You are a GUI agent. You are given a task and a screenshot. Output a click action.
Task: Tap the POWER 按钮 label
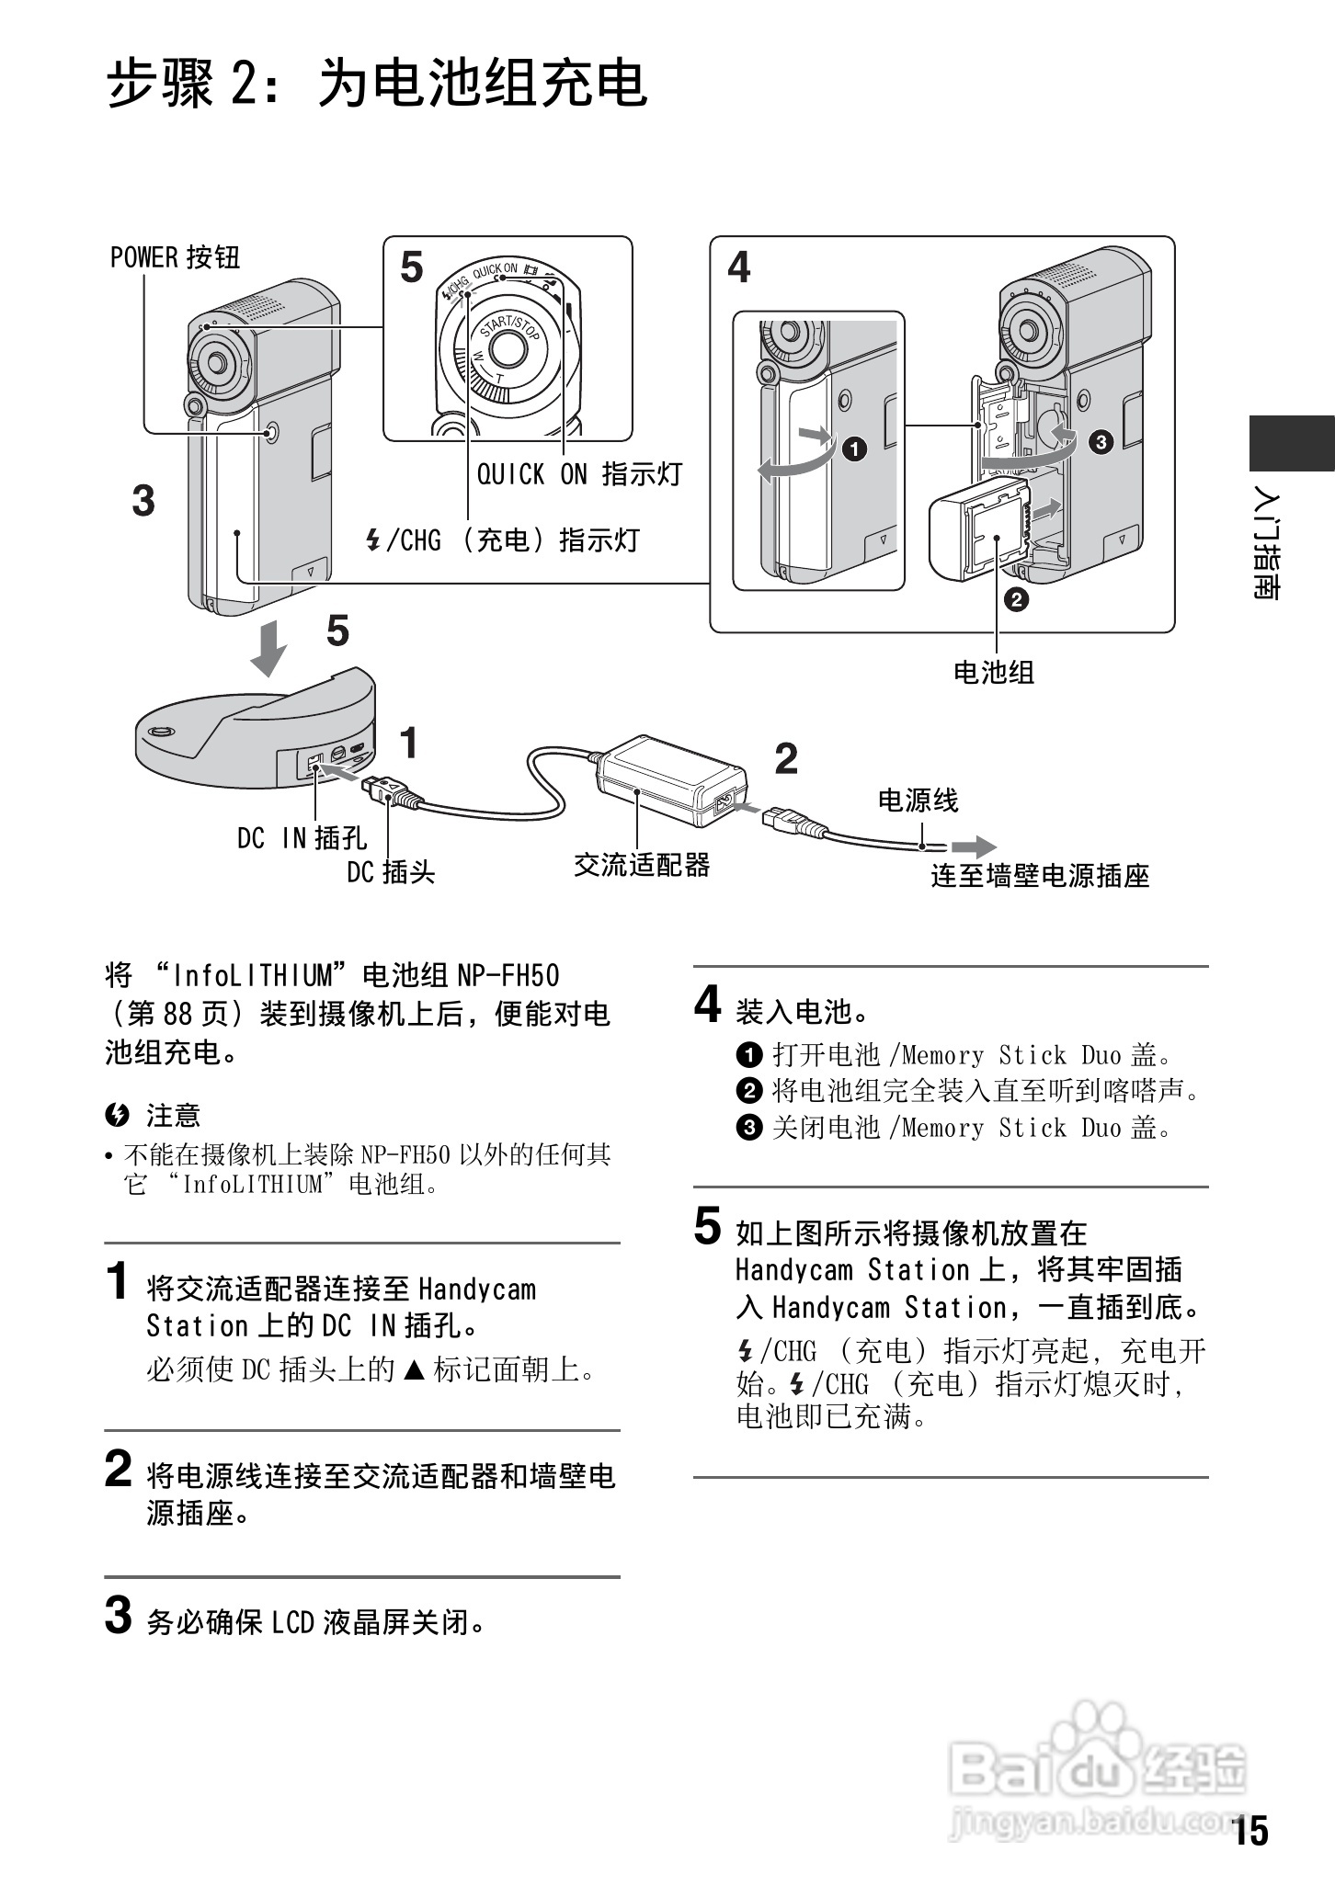pyautogui.click(x=175, y=257)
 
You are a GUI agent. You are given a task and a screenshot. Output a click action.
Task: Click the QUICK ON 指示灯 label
pyautogui.click(x=578, y=474)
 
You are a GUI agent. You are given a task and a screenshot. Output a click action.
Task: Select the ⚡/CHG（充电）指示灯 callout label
pyautogui.click(x=502, y=540)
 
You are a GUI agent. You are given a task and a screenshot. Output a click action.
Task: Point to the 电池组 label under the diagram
pyautogui.click(x=994, y=672)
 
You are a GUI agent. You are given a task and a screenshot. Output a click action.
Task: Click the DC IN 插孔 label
pyautogui.click(x=302, y=837)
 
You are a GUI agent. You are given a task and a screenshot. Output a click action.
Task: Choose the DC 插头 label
pyautogui.click(x=390, y=871)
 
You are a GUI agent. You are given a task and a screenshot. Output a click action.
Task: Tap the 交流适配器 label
pyautogui.click(x=642, y=865)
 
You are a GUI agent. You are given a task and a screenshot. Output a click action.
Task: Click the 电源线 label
pyautogui.click(x=918, y=800)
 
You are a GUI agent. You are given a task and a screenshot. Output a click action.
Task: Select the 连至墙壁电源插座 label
pyautogui.click(x=1040, y=876)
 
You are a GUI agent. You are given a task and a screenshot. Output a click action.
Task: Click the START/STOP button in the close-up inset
pyautogui.click(x=505, y=346)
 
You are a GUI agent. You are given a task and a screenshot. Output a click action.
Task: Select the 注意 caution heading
pyautogui.click(x=172, y=1116)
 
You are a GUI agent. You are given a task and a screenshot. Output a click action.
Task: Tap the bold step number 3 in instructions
pyautogui.click(x=118, y=1616)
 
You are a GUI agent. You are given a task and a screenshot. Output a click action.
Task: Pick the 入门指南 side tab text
pyautogui.click(x=1267, y=548)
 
